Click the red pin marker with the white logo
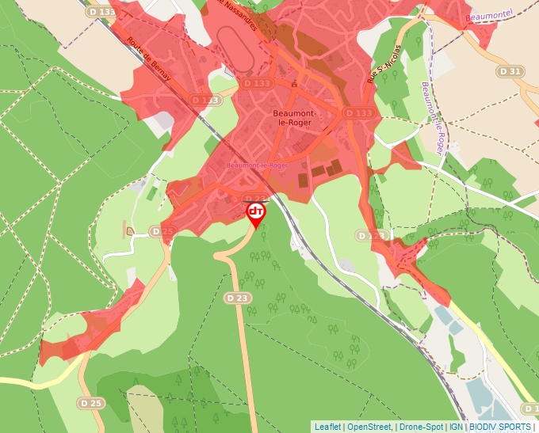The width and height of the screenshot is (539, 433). [x=256, y=214]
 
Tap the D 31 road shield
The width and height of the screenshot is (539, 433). [x=511, y=71]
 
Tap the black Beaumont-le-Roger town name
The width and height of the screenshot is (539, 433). [x=295, y=118]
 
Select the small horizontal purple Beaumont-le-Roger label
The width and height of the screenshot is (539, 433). [x=256, y=165]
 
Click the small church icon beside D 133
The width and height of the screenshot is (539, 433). [x=294, y=82]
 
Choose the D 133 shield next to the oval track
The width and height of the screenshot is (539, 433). [x=256, y=83]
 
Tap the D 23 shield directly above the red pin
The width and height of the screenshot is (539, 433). [x=254, y=199]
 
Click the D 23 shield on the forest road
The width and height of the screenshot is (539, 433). [x=236, y=298]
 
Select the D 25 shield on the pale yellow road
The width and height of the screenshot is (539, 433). [x=91, y=403]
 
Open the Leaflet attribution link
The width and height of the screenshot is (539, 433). [x=328, y=427]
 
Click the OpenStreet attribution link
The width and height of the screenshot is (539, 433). [x=370, y=427]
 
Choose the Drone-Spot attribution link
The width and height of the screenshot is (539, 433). [x=421, y=427]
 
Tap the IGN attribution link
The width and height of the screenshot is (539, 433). [x=456, y=427]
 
